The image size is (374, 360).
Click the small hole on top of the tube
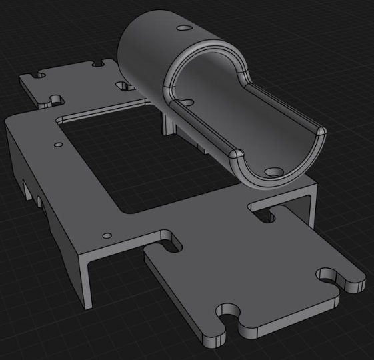183,29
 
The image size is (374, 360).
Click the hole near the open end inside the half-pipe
271,171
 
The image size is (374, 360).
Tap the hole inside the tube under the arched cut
187,103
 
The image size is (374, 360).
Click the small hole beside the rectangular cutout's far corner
57,143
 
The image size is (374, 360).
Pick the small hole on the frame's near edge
107,235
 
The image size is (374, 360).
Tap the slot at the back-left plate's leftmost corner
36,77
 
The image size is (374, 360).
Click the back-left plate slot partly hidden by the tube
124,87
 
